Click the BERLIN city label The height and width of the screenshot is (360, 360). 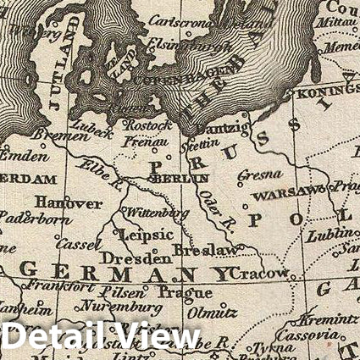(x=179, y=180)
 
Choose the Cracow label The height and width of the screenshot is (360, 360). (x=260, y=275)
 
